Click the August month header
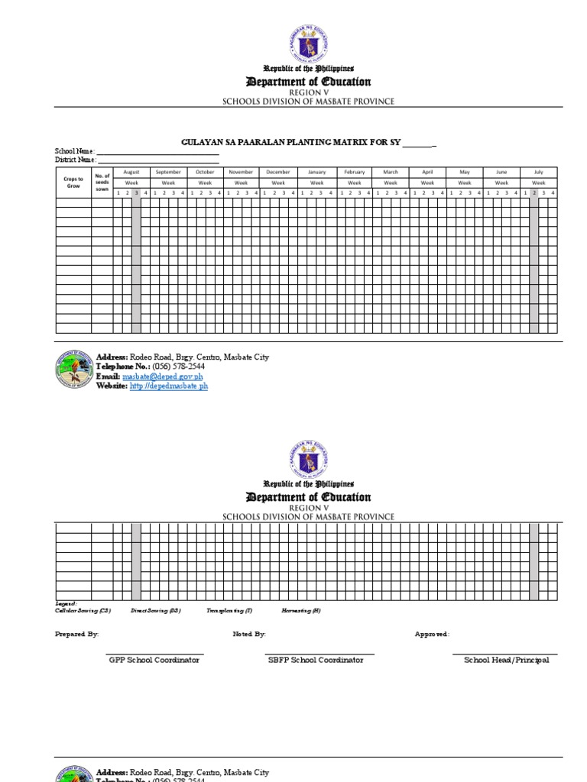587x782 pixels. point(131,173)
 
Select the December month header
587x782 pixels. point(278,173)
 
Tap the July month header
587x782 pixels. point(538,173)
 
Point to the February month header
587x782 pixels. point(354,173)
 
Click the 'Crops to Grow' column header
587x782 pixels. point(73,183)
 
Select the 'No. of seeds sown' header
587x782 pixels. point(102,183)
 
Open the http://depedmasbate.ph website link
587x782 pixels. point(169,386)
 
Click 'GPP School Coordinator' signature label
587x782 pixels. point(154,660)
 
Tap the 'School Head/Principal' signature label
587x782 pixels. point(506,660)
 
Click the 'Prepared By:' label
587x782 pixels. point(76,634)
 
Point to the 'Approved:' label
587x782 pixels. point(432,634)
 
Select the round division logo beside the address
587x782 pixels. point(74,372)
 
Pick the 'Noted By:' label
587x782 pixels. point(249,634)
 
